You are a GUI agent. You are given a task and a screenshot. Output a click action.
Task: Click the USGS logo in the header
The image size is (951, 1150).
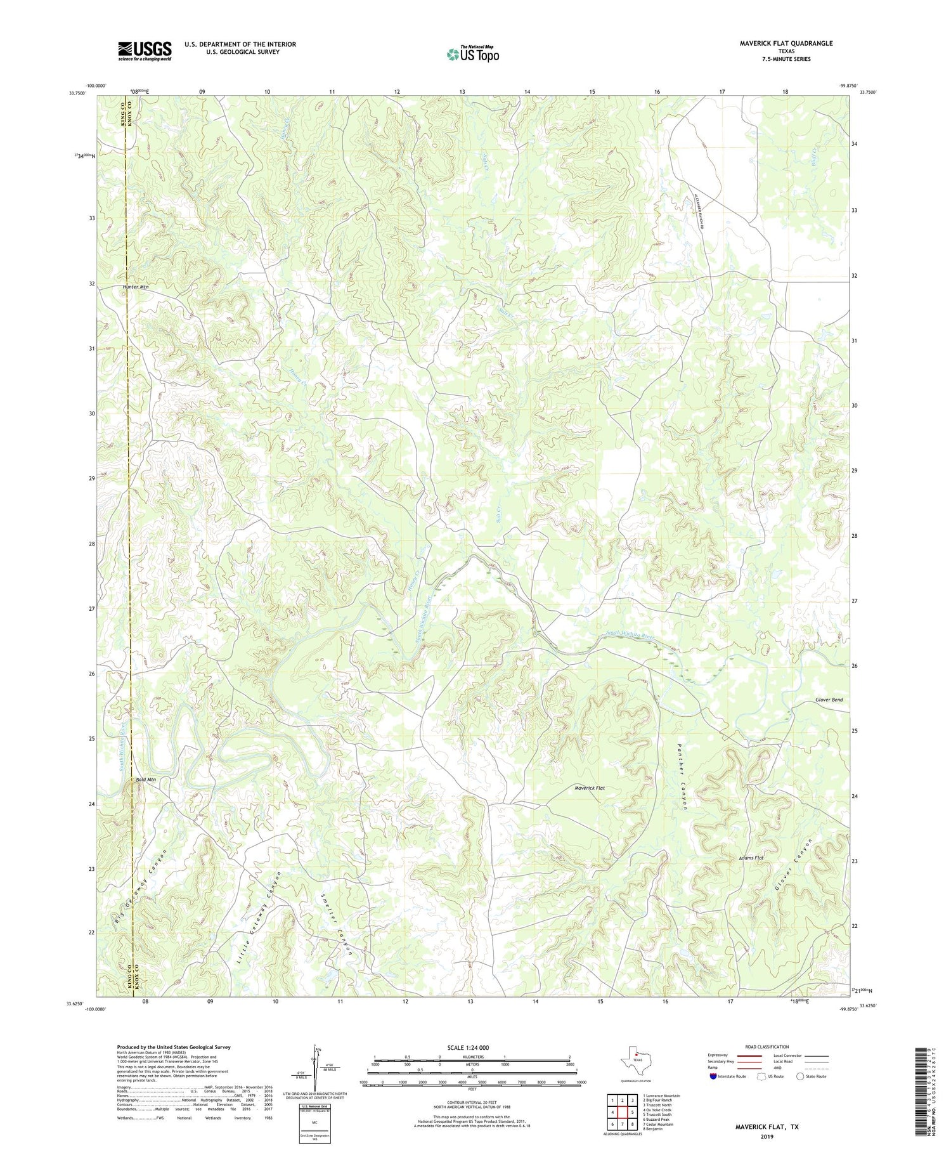[x=145, y=51]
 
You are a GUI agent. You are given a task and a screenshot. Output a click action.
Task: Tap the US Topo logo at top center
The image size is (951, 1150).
[x=472, y=54]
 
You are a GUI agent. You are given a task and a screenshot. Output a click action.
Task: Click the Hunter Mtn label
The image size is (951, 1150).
[x=135, y=287]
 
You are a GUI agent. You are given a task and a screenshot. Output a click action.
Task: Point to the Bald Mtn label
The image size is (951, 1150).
[x=144, y=780]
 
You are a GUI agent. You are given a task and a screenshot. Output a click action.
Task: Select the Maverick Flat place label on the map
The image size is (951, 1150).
[x=590, y=788]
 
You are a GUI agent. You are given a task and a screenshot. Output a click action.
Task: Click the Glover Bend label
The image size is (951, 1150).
[x=829, y=700]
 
